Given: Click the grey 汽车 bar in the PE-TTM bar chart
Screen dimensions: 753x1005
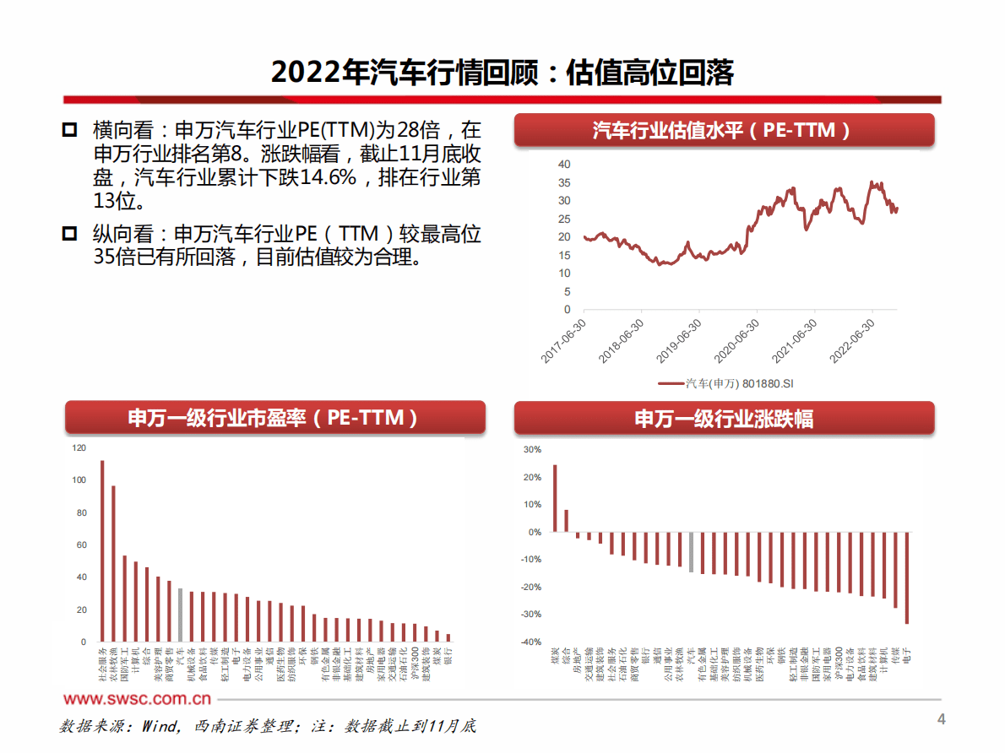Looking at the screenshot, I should pos(179,614).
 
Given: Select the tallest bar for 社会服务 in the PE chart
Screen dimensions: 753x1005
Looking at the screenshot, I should pos(101,550).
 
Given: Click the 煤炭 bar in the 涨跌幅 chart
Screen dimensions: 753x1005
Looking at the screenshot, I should pos(555,498).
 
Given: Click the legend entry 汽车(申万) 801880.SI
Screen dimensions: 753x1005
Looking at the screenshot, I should pos(725,384).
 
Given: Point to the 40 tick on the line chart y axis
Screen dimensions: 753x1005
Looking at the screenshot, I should pos(564,164).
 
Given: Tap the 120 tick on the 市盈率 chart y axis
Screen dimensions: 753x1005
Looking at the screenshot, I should pos(79,448).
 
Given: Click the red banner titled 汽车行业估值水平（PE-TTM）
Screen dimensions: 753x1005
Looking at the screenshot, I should pos(724,131).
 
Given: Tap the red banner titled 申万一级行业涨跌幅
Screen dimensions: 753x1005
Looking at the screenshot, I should pos(724,418).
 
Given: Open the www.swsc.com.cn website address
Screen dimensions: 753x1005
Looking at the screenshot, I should pos(137,699).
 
